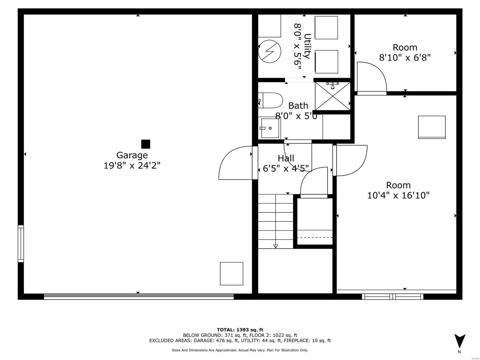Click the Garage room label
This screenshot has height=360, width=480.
(132, 155)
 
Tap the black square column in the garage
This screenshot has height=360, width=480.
(145, 144)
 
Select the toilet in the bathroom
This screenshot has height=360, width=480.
(271, 100)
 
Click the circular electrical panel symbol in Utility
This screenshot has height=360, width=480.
(270, 51)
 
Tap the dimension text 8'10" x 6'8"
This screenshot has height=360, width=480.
(405, 57)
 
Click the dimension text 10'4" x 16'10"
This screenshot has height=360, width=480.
(398, 195)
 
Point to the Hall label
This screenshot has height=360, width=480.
(286, 158)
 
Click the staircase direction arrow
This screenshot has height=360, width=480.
(275, 246)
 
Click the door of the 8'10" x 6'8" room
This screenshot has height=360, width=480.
(371, 77)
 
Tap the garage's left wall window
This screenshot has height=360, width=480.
(20, 244)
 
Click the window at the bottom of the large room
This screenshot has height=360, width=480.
(392, 296)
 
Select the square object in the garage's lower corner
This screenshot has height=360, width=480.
(231, 274)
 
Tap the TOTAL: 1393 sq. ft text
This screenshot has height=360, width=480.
(240, 330)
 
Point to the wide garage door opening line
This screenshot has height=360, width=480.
(139, 296)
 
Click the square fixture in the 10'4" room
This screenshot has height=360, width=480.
(432, 127)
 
